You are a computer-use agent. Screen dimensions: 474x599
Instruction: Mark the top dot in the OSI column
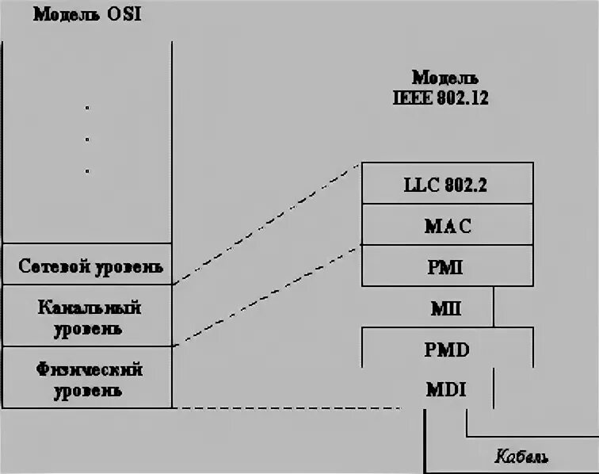[x=87, y=108]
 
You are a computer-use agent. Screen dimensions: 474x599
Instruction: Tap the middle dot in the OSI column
[x=87, y=140]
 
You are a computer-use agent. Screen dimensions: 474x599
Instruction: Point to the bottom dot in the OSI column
[x=87, y=170]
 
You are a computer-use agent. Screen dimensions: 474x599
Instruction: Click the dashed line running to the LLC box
[x=265, y=223]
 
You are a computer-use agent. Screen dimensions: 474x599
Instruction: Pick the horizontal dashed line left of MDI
[x=293, y=408]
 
